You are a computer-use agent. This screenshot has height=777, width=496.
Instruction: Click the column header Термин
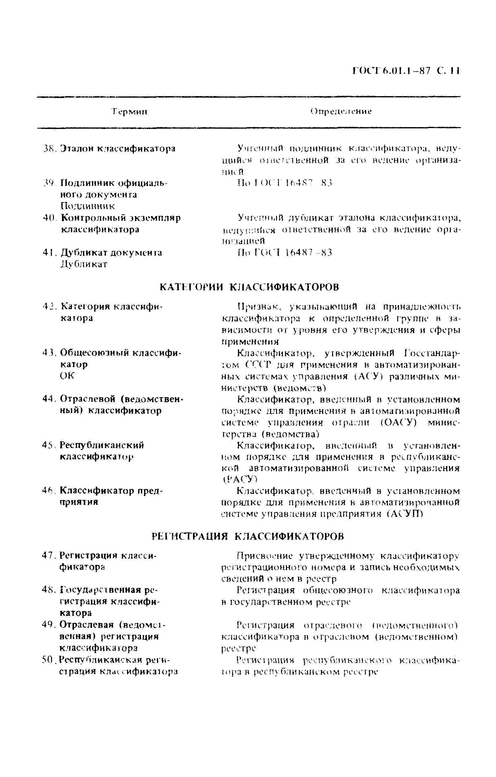click(x=129, y=112)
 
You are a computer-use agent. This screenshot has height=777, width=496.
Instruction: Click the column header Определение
click(x=341, y=112)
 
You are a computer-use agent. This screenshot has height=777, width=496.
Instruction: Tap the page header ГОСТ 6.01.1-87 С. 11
click(x=406, y=70)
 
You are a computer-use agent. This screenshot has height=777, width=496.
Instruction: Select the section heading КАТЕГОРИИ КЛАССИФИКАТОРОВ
click(x=249, y=287)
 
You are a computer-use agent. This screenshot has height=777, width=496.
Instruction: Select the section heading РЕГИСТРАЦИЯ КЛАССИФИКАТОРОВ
click(x=248, y=536)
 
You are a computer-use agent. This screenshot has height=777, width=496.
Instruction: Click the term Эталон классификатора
click(x=118, y=149)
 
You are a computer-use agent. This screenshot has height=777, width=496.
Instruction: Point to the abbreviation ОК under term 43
click(x=67, y=376)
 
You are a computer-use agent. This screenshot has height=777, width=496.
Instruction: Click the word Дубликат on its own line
click(x=84, y=264)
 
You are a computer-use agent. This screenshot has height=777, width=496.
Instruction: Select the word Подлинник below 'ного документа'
click(x=88, y=206)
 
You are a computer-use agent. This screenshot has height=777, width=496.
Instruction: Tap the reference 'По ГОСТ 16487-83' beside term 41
click(x=284, y=252)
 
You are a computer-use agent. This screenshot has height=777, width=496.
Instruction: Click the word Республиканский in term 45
click(x=102, y=445)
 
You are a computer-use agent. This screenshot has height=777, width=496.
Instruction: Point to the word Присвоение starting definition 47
click(x=265, y=556)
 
